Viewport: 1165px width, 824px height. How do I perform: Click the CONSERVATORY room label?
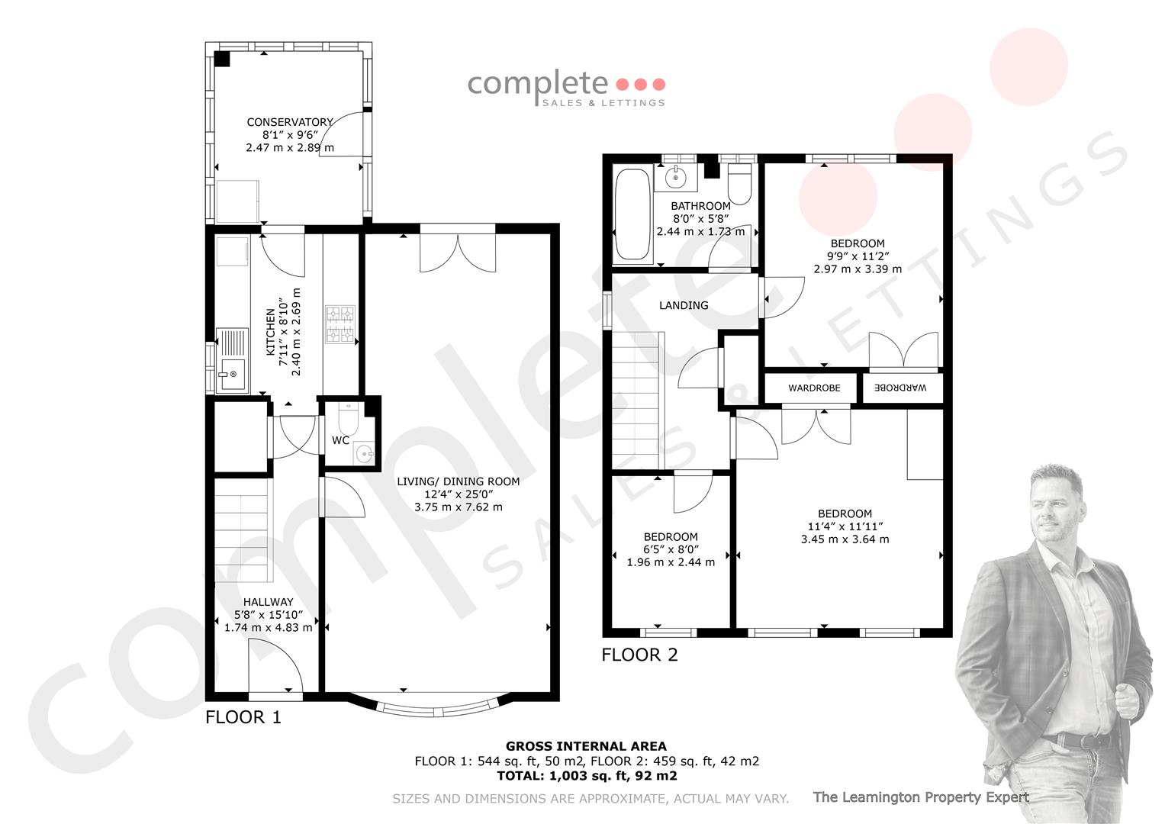click(290, 122)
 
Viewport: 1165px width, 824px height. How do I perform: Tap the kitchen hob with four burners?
click(341, 324)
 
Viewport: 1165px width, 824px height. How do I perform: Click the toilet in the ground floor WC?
click(348, 418)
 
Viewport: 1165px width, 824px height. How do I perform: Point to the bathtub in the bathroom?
click(632, 214)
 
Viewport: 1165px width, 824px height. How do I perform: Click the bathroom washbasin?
click(676, 177)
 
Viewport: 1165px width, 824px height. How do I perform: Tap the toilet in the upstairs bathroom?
click(739, 184)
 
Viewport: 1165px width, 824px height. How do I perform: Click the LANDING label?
click(684, 305)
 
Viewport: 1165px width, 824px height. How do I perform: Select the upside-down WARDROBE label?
click(900, 388)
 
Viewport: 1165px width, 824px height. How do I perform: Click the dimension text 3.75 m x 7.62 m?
click(459, 507)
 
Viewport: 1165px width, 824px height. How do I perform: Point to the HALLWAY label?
click(268, 602)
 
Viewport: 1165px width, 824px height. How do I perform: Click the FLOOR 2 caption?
click(639, 655)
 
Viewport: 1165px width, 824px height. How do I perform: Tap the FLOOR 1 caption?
click(243, 717)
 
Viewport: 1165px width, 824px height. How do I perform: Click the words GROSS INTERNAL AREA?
click(586, 746)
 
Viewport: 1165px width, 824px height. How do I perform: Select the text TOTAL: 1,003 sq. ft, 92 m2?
click(587, 776)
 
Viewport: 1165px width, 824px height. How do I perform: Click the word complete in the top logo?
click(538, 84)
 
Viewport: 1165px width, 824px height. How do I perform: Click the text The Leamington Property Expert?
click(921, 797)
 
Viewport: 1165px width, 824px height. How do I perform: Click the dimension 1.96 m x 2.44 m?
click(671, 562)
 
